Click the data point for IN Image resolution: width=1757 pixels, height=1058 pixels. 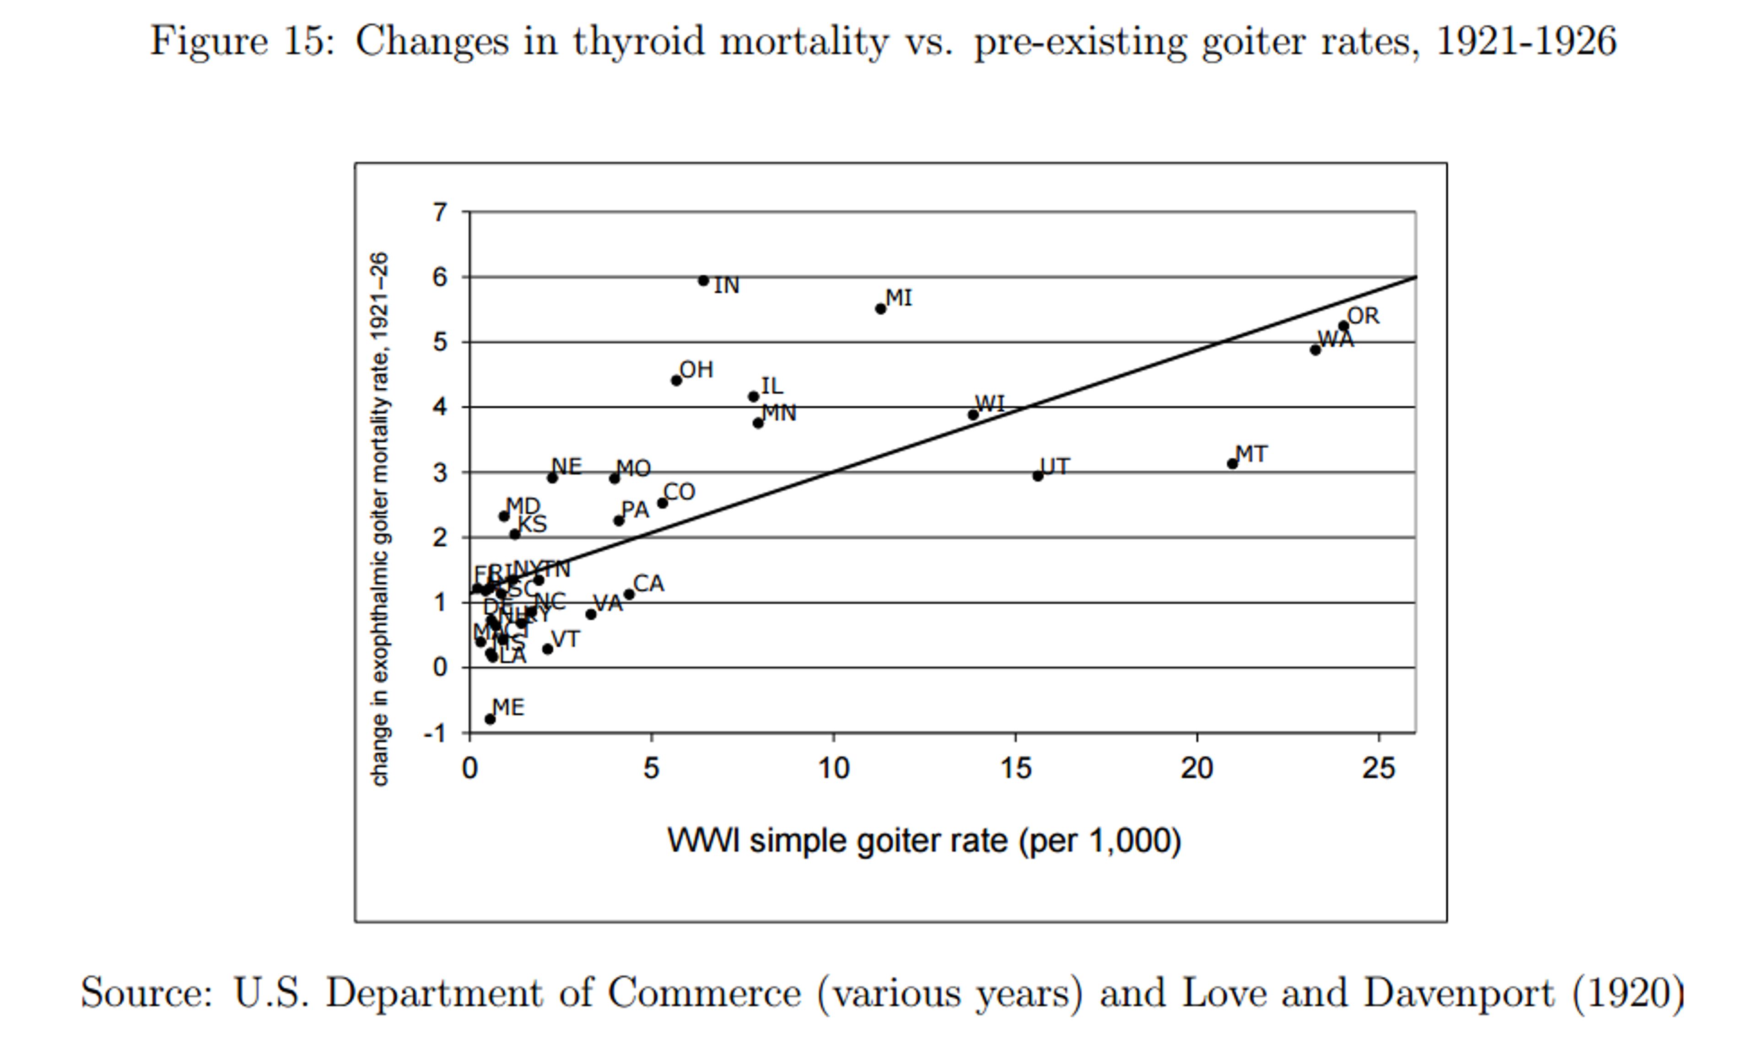pyautogui.click(x=703, y=281)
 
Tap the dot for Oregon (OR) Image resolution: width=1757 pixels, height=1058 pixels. pyautogui.click(x=1343, y=326)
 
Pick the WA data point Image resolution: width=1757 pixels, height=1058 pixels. pyautogui.click(x=1315, y=349)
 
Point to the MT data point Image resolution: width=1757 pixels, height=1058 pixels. pyautogui.click(x=1232, y=463)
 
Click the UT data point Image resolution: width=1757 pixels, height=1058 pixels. pyautogui.click(x=1038, y=476)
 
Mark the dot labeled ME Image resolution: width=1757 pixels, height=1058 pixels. pyautogui.click(x=490, y=719)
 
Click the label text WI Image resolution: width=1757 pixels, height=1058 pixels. pyautogui.click(x=990, y=403)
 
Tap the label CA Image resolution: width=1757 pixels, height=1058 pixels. pyautogui.click(x=648, y=584)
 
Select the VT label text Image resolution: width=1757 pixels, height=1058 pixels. pyautogui.click(x=566, y=639)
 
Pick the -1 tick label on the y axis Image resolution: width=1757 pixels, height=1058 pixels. pyautogui.click(x=434, y=733)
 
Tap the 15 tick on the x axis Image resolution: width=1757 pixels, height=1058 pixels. pyautogui.click(x=1015, y=768)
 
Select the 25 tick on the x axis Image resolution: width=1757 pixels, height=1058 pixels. pyautogui.click(x=1378, y=768)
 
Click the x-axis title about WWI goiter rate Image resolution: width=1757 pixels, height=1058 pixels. pyautogui.click(x=923, y=841)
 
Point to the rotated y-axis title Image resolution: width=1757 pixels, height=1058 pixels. pyautogui.click(x=380, y=519)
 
